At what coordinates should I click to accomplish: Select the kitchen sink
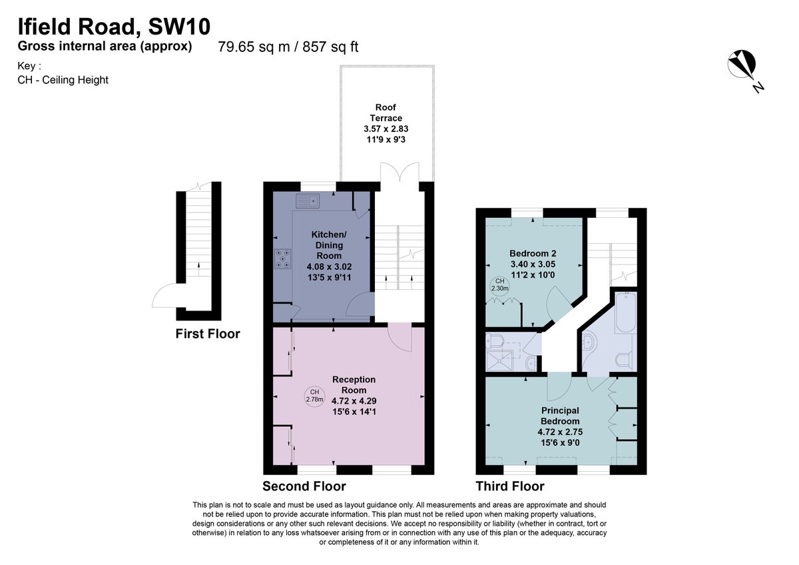(x=310, y=200)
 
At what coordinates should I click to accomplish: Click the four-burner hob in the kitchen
(x=282, y=259)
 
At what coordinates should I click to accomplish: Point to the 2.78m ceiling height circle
(x=314, y=396)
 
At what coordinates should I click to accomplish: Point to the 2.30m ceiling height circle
(x=499, y=284)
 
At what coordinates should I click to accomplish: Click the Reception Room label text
(x=354, y=384)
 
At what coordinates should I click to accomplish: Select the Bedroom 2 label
(x=533, y=253)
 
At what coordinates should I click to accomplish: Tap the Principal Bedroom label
(x=559, y=416)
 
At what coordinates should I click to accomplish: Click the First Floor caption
(x=208, y=334)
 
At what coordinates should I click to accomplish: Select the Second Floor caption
(x=304, y=486)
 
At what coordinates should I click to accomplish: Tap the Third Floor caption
(x=509, y=486)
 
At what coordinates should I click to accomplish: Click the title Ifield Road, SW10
(x=114, y=27)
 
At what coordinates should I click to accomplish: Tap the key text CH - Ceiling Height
(x=63, y=80)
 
